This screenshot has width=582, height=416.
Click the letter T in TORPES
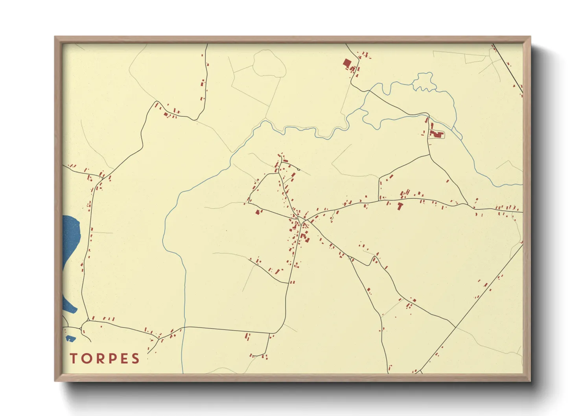73,359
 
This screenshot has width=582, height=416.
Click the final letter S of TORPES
135,359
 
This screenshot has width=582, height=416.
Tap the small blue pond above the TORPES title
70,338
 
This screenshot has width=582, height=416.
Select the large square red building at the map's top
347,63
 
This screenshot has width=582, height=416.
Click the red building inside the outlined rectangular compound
436,134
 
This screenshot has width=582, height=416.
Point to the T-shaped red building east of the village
400,205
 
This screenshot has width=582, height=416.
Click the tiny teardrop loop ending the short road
298,169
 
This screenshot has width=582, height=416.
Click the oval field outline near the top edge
269,63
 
